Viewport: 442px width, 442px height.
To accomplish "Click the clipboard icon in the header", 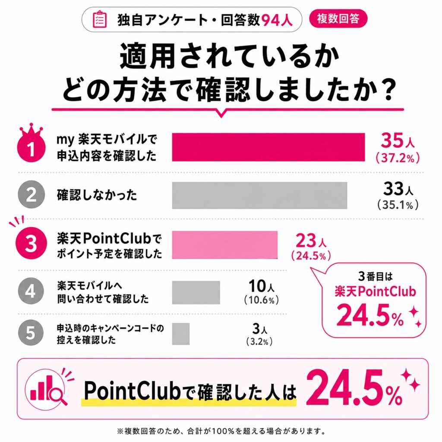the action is click(100, 19).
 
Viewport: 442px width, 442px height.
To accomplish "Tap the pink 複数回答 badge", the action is click(338, 19).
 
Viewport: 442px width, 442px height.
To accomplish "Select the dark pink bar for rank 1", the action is click(268, 147).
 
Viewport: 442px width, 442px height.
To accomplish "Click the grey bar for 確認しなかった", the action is click(259, 196).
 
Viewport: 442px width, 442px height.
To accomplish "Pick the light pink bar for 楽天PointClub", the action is click(224, 245).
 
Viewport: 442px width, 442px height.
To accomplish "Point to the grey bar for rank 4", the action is click(196, 292).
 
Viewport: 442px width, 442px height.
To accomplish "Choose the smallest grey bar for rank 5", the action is click(181, 334).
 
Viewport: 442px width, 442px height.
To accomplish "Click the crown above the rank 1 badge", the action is click(31, 131).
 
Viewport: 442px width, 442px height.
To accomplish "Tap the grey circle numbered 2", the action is click(31, 195).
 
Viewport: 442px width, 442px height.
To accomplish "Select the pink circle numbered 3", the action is click(31, 243).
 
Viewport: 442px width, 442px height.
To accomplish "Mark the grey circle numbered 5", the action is click(31, 332).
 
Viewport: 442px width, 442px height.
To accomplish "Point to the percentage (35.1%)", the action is click(398, 205).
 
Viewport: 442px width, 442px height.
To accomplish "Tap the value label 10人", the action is click(261, 286).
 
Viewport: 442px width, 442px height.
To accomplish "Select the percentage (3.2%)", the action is click(259, 341).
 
